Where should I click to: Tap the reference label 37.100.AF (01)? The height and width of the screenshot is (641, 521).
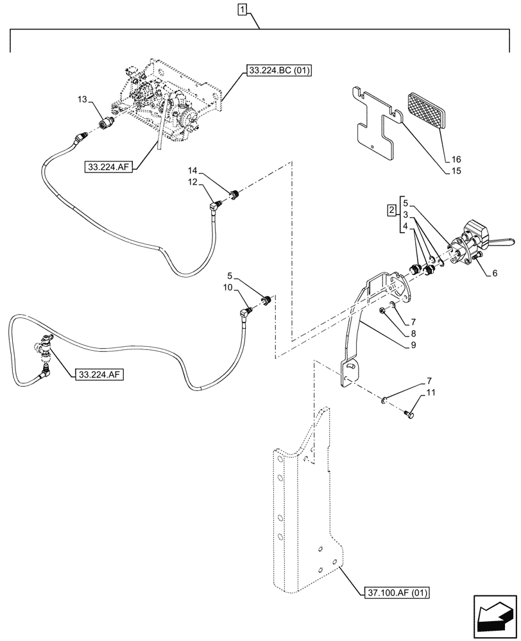[397, 592]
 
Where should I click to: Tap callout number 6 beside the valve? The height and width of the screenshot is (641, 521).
[495, 272]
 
